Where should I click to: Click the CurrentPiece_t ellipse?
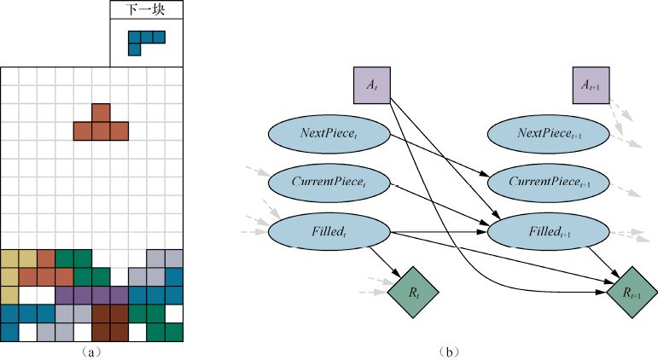tap(329, 182)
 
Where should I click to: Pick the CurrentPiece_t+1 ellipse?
tap(549, 182)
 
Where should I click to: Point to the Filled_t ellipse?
tap(329, 230)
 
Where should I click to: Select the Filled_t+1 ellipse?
tap(549, 230)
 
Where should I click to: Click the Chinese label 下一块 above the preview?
tap(146, 10)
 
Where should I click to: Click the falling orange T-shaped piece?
tap(101, 125)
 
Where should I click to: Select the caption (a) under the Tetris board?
tap(91, 351)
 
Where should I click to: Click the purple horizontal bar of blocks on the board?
tap(91, 294)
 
